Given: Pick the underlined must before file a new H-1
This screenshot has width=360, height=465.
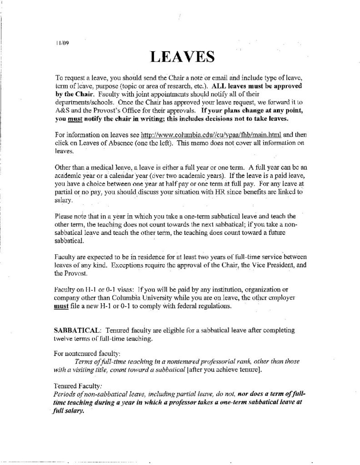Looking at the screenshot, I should pyautogui.click(x=61, y=306).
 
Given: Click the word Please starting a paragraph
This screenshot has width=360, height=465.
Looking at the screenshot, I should pyautogui.click(x=62, y=216).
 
